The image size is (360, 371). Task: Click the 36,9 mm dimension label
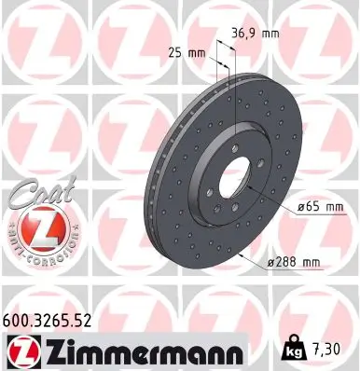pyautogui.click(x=255, y=34)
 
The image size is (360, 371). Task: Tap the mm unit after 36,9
pyautogui.click(x=270, y=34)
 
